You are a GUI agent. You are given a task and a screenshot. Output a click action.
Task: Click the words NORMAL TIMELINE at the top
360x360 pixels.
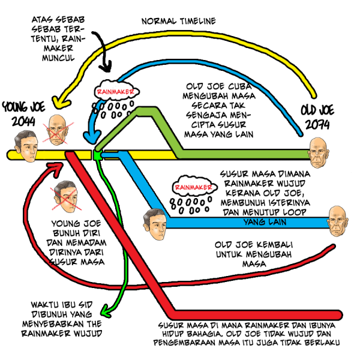178,22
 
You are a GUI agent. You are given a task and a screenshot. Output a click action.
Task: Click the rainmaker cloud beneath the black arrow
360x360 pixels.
118,92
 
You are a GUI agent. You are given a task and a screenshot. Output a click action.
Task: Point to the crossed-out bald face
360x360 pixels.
59,129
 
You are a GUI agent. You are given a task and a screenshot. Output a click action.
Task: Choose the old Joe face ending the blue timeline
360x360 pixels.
338,220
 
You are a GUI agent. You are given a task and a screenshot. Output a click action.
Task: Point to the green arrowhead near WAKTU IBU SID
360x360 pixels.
104,311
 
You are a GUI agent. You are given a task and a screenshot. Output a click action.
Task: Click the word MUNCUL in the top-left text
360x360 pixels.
59,58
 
